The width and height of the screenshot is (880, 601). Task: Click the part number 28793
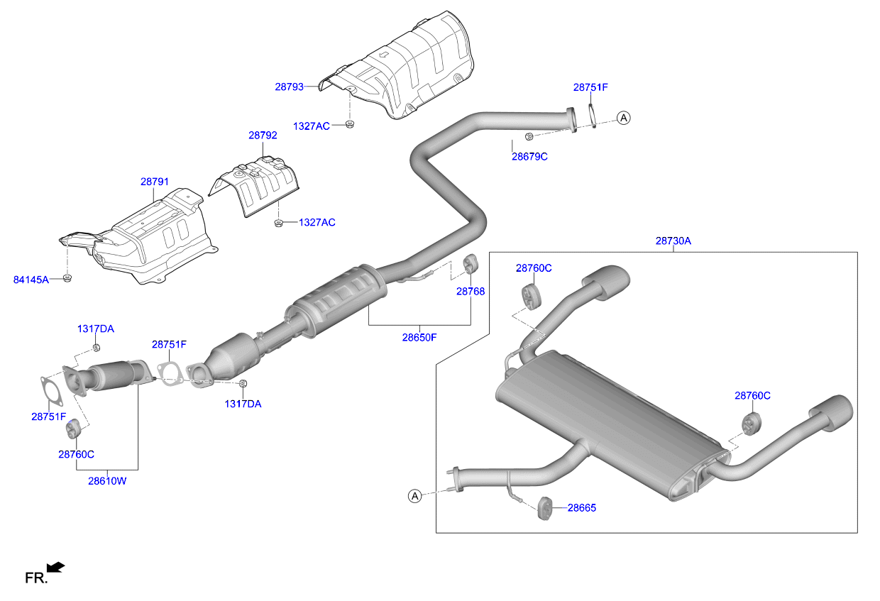click(289, 87)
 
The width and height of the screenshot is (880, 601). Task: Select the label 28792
click(263, 135)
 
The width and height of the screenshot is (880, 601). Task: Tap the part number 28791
click(155, 182)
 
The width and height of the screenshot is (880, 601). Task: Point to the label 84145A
click(31, 280)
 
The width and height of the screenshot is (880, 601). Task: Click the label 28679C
click(529, 157)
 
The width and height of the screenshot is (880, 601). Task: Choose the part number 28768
click(471, 292)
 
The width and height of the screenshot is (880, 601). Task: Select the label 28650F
click(419, 338)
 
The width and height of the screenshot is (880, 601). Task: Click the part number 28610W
click(107, 481)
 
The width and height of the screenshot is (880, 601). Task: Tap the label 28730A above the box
click(673, 241)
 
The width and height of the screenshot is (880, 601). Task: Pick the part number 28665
click(581, 508)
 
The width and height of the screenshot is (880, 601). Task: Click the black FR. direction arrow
click(55, 568)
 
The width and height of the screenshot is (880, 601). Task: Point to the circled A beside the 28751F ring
click(624, 118)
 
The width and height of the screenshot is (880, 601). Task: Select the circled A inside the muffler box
click(415, 496)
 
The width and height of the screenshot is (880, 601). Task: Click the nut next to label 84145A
click(67, 278)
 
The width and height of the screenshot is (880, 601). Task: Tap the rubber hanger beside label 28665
click(544, 508)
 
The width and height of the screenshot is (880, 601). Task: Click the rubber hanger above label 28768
click(470, 263)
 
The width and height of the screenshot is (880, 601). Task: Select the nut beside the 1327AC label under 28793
click(349, 124)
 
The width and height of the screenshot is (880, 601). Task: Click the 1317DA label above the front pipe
click(96, 329)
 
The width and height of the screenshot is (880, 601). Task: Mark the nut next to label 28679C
click(529, 136)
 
